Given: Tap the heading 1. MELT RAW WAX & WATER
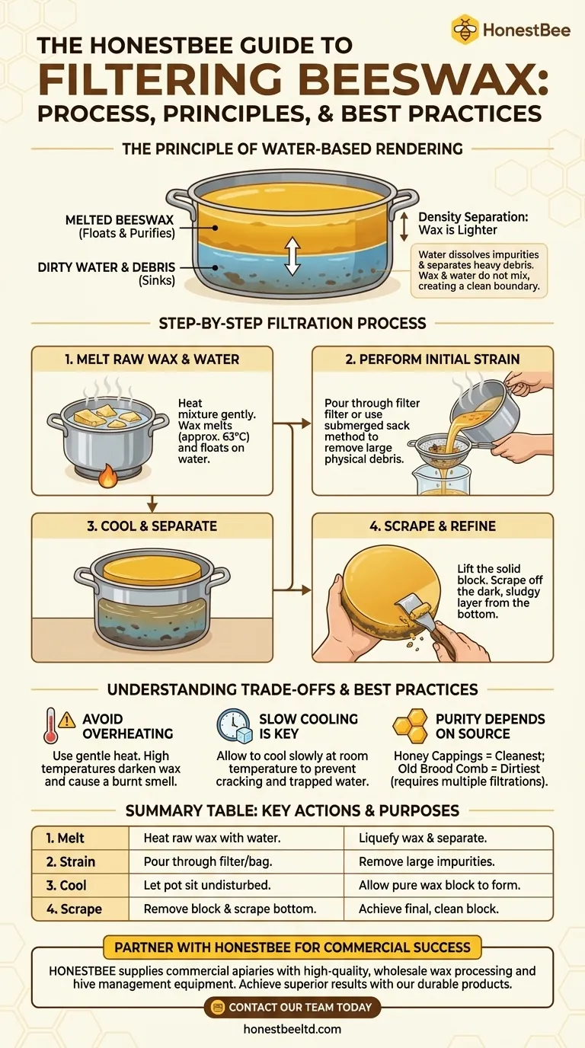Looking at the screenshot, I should pyautogui.click(x=152, y=359).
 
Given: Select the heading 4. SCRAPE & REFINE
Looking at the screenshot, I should pyautogui.click(x=432, y=526).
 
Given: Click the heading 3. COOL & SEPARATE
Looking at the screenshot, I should pyautogui.click(x=152, y=526).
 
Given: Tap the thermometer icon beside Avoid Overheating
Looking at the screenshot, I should pyautogui.click(x=52, y=725).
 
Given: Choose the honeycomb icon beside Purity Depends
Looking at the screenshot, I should pyautogui.click(x=410, y=725).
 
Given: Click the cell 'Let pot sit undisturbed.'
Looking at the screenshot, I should pyautogui.click(x=208, y=885).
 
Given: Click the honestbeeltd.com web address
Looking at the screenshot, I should pyautogui.click(x=292, y=1029).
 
